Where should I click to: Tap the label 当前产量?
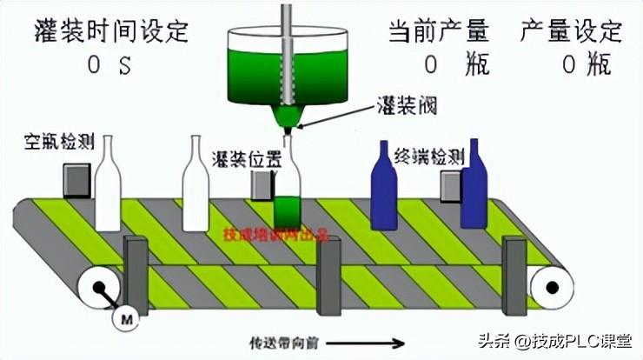pos(438,31)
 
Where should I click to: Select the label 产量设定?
pos(571,31)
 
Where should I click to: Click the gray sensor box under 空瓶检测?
pos(76,180)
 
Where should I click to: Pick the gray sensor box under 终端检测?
pos(449,185)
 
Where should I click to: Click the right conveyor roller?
pos(548,284)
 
